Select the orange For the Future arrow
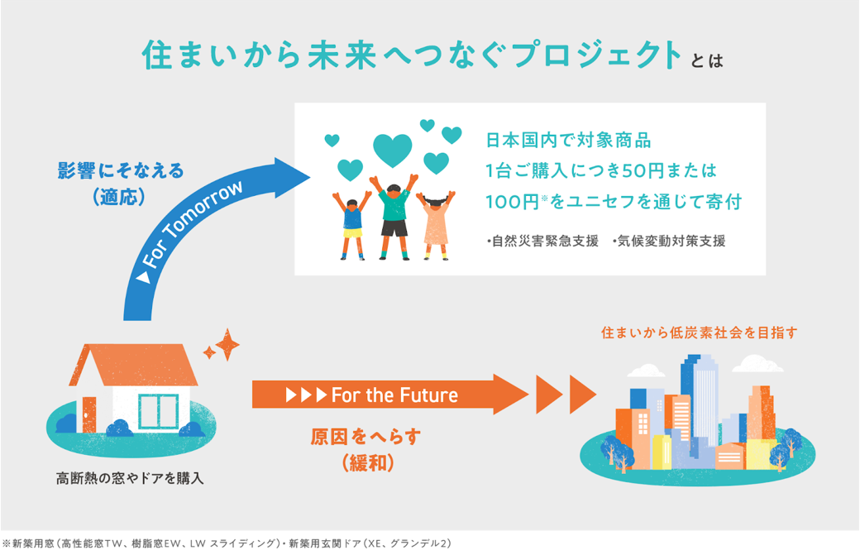(x=389, y=395)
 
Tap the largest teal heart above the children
(x=392, y=150)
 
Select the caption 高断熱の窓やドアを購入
(x=130, y=478)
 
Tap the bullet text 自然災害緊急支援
(x=543, y=242)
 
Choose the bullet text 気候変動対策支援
(x=670, y=242)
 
